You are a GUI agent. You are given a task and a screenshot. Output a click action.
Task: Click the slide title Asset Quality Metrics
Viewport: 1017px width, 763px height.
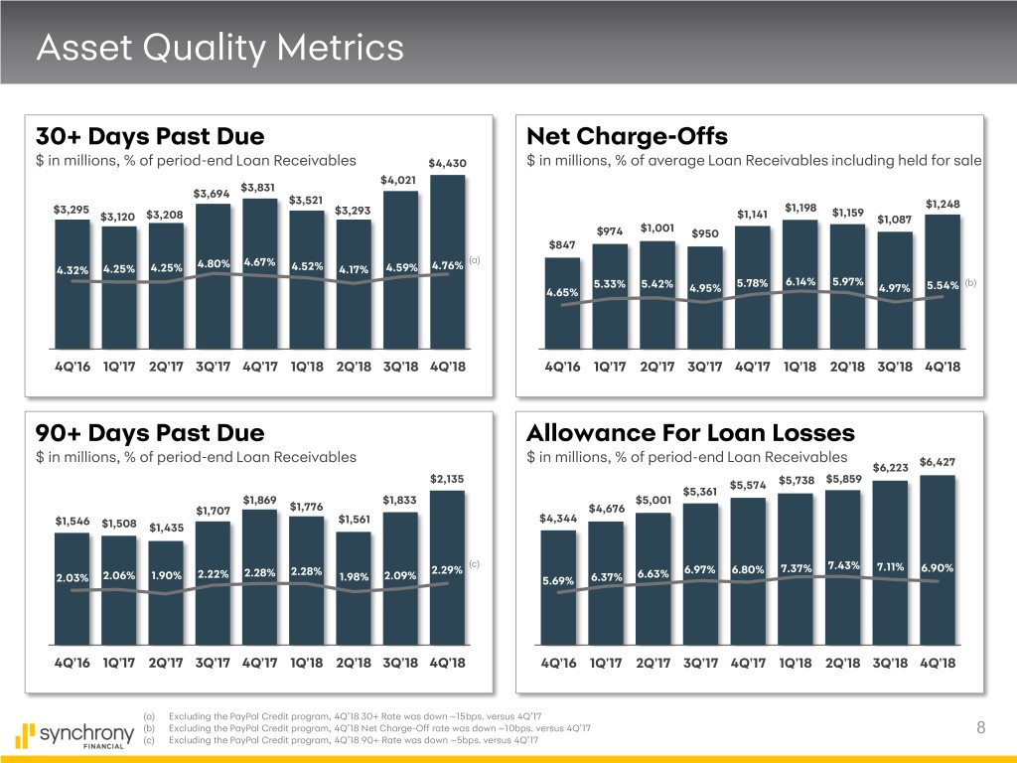(x=218, y=47)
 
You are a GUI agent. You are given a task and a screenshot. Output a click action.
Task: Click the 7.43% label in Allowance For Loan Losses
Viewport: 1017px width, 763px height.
(x=842, y=566)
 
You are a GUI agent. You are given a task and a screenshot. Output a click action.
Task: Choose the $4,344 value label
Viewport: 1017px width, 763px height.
(x=556, y=518)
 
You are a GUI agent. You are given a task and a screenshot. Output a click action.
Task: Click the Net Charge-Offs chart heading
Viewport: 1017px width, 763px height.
(x=627, y=135)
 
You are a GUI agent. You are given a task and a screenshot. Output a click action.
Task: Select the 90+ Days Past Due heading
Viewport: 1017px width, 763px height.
(x=150, y=432)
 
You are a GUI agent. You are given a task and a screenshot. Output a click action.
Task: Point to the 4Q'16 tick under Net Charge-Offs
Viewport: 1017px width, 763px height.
(x=564, y=366)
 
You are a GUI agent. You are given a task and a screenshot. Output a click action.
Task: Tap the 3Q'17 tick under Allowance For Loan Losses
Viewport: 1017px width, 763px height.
(x=702, y=663)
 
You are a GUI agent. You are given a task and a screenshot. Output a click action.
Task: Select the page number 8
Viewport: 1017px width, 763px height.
(x=980, y=729)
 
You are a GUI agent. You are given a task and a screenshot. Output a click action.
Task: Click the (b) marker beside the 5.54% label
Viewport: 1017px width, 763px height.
(x=969, y=283)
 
